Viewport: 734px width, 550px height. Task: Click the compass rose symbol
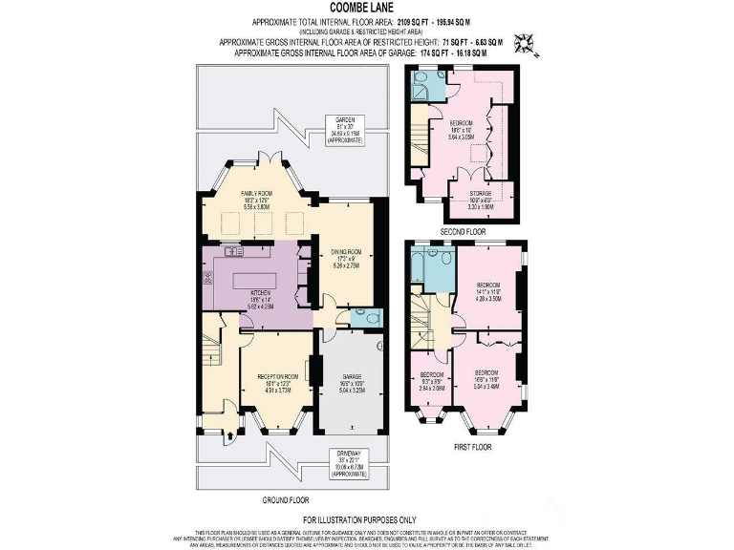[525, 43]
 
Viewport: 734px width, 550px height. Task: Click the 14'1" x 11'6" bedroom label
[489, 291]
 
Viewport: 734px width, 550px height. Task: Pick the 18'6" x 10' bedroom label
[461, 129]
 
